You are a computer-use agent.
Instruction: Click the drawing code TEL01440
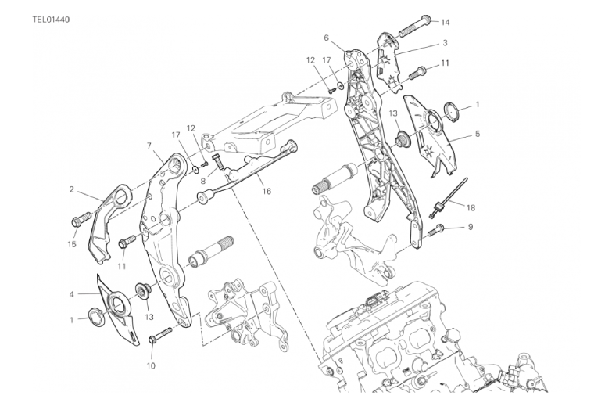tap(51, 20)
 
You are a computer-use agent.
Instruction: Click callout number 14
tap(446, 22)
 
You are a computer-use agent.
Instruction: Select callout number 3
tap(445, 43)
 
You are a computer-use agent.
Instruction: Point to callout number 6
tap(326, 38)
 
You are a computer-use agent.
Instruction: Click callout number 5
tap(478, 134)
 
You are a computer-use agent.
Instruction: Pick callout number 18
tap(471, 207)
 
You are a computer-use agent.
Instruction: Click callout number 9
tap(471, 227)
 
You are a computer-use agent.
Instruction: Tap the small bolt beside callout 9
tap(437, 230)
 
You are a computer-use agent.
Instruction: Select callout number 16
tap(267, 191)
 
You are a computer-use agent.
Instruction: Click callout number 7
tap(149, 146)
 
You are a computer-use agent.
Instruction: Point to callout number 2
tap(71, 189)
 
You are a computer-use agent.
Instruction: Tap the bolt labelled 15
tap(81, 218)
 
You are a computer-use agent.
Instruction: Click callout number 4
tap(71, 294)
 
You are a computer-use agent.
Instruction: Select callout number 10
tap(151, 366)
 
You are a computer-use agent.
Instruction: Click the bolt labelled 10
tap(160, 335)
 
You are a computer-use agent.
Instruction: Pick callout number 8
tap(203, 181)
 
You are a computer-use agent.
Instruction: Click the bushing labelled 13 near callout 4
tap(143, 290)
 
